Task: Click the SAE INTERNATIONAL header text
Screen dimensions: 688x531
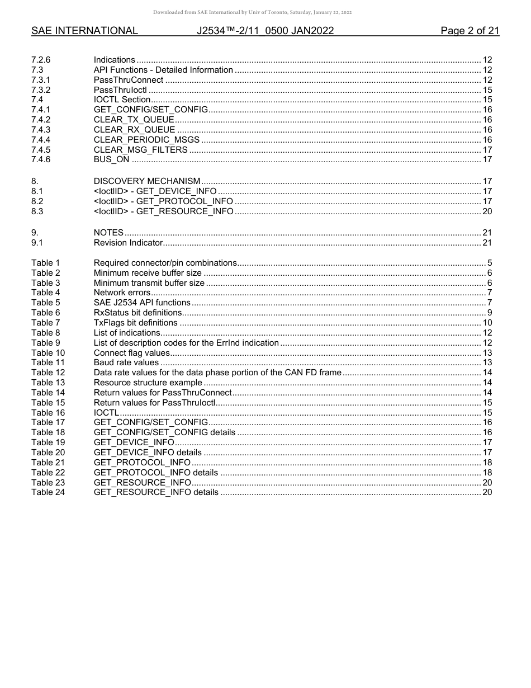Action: click(84, 31)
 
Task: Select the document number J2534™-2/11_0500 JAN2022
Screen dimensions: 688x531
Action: click(265, 31)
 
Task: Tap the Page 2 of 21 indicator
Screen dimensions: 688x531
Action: click(470, 31)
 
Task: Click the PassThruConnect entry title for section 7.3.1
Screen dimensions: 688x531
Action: click(129, 80)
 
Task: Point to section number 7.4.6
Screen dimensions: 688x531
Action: click(41, 159)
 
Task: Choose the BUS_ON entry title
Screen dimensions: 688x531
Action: click(111, 159)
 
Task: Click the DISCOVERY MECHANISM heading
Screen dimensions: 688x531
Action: click(146, 181)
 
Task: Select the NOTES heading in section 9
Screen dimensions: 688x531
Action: click(108, 233)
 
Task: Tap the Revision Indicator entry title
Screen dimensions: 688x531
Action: click(128, 243)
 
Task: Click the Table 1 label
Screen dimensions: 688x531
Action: click(45, 263)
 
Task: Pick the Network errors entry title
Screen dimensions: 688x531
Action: click(122, 293)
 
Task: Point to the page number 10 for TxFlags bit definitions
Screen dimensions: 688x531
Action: click(487, 323)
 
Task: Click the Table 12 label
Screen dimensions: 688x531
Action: click(48, 373)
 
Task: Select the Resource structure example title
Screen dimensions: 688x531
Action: click(148, 383)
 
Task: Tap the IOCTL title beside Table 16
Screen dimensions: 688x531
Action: click(106, 413)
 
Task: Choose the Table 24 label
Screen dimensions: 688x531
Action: click(48, 492)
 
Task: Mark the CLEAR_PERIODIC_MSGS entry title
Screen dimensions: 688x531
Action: click(146, 140)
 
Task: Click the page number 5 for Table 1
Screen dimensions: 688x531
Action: click(489, 263)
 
